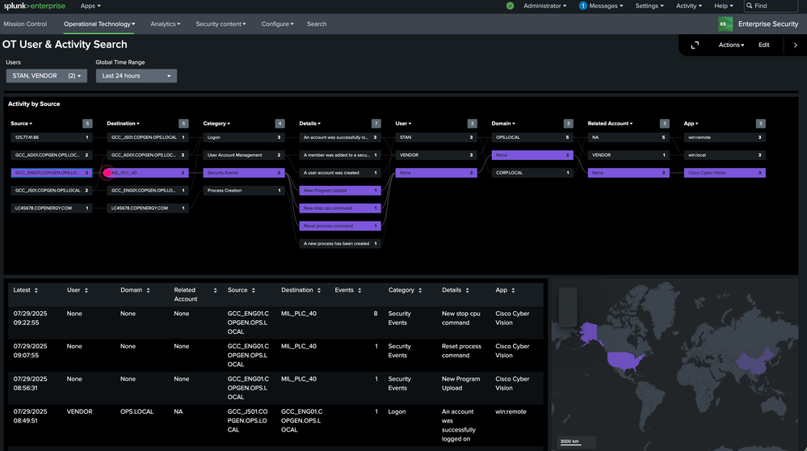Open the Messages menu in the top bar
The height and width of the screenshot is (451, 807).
point(601,6)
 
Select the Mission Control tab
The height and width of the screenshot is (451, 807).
point(25,24)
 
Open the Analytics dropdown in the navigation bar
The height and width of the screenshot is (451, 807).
point(166,24)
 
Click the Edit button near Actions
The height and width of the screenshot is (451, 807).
point(763,45)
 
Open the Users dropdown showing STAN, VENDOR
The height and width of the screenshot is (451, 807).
point(46,76)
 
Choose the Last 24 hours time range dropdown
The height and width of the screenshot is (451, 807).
point(136,76)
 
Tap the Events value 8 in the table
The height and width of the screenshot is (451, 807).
point(375,314)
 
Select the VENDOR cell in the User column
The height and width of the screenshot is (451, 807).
point(79,411)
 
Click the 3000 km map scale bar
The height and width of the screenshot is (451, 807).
point(574,442)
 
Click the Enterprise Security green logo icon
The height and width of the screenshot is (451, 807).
point(726,24)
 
